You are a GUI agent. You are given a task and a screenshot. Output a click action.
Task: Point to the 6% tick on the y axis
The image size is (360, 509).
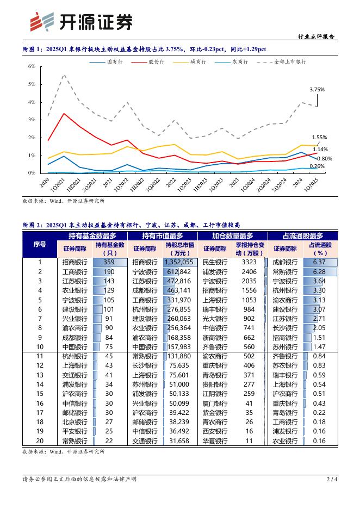[x=32, y=66]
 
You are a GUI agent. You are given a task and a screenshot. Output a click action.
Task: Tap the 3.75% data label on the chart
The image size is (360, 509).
[x=317, y=89]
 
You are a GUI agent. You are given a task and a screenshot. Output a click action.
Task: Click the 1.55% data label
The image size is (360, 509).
[x=320, y=138]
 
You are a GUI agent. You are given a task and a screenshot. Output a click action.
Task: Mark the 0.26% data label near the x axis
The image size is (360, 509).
[x=317, y=166]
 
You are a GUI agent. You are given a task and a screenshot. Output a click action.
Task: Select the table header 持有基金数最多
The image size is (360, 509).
[x=92, y=235]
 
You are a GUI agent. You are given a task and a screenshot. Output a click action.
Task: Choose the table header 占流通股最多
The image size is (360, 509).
[x=302, y=235]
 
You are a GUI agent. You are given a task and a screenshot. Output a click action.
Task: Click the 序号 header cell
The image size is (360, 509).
[x=40, y=244]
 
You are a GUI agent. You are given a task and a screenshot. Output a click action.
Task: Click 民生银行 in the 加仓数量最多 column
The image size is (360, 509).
[x=215, y=262]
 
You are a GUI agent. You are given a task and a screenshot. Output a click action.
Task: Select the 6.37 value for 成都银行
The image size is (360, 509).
[x=319, y=262]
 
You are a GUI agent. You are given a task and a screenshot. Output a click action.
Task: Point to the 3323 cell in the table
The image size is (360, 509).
[x=249, y=262]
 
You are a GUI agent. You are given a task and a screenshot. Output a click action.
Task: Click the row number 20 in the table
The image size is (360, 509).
[x=40, y=440]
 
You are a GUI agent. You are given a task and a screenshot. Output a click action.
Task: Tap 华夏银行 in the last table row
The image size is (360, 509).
[x=215, y=440]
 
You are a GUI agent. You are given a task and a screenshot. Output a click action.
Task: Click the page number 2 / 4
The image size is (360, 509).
[x=331, y=479]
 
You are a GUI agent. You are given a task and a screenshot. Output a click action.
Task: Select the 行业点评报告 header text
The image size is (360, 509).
[x=316, y=37]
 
